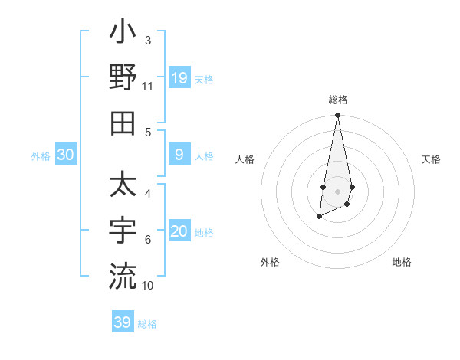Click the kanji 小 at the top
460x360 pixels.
tap(123, 34)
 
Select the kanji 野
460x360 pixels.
tap(123, 77)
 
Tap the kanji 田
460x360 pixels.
tap(123, 122)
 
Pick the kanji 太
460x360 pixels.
tap(123, 187)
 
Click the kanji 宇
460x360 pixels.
tap(123, 231)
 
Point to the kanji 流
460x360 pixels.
tap(123, 276)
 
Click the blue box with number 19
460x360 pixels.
tap(179, 78)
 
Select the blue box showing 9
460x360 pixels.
tap(179, 155)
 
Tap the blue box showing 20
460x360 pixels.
tap(179, 232)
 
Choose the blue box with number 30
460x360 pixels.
tap(66, 155)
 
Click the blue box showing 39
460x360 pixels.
tap(122, 322)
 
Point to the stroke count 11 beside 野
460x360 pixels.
tap(147, 87)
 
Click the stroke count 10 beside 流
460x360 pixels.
tap(147, 285)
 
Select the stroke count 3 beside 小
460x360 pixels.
tap(147, 40)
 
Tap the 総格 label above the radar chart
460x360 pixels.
tap(337, 100)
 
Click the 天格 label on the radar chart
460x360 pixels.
tap(431, 159)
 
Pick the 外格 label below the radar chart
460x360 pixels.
tap(270, 262)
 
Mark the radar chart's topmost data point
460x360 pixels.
tap(337, 116)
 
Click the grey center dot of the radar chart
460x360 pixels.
tap(337, 191)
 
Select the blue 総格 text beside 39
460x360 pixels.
tap(147, 324)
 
